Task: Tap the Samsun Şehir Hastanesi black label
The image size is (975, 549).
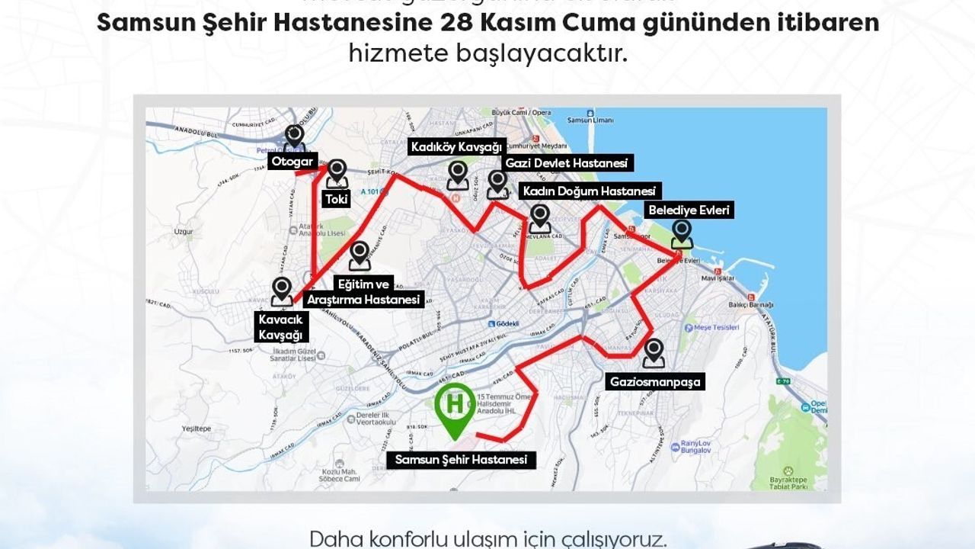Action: pyautogui.click(x=460, y=460)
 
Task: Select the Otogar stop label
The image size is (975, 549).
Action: pyautogui.click(x=293, y=162)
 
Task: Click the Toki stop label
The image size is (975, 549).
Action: pyautogui.click(x=336, y=200)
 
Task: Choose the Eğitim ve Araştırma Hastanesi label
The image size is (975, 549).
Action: pyautogui.click(x=363, y=292)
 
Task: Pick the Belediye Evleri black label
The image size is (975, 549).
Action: pyautogui.click(x=689, y=210)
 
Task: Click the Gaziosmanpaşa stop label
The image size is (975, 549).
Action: pyautogui.click(x=655, y=381)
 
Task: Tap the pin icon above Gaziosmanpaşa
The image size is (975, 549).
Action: pyautogui.click(x=654, y=353)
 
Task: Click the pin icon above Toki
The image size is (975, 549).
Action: pyautogui.click(x=337, y=175)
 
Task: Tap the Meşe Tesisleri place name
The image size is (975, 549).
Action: pyautogui.click(x=718, y=328)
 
